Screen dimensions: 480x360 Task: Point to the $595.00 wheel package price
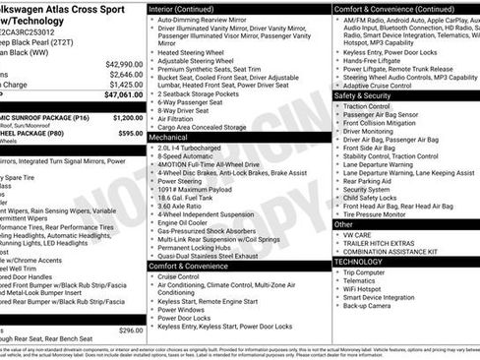pos(130,133)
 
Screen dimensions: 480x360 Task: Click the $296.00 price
pos(130,330)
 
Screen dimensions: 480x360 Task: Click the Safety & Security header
pos(363,96)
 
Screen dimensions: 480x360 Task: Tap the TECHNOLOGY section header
pos(358,262)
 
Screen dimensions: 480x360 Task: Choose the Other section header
pos(344,224)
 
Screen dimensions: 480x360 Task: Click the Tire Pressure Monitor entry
pos(382,213)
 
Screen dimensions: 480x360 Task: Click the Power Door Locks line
pos(192,318)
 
